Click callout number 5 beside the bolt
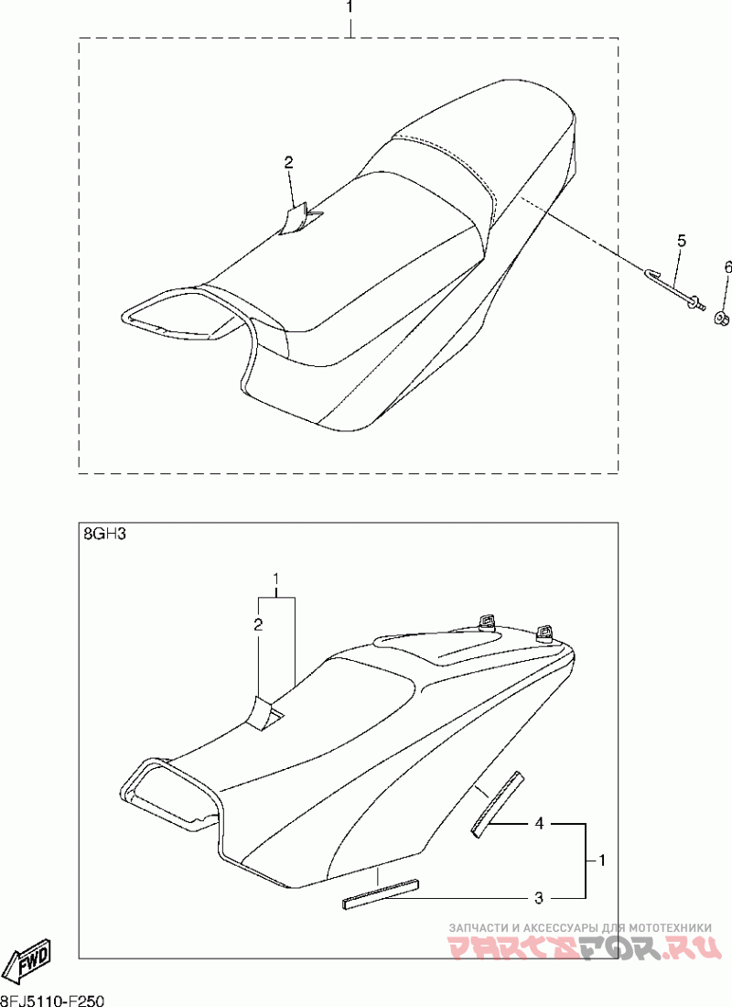682,241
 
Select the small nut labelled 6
721,317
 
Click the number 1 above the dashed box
350,7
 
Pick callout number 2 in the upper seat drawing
289,162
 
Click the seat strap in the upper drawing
302,219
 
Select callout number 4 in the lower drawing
539,823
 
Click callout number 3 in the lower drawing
539,898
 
